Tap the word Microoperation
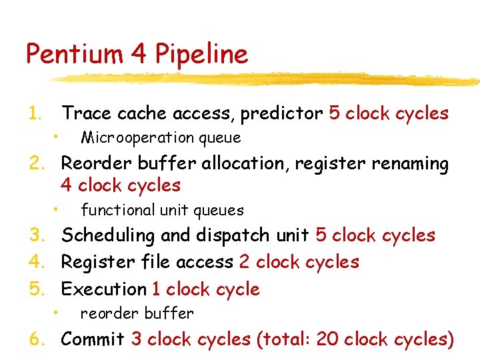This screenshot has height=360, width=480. (x=136, y=138)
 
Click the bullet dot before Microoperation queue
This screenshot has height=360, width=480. (x=58, y=137)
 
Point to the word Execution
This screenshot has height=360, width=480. (x=103, y=289)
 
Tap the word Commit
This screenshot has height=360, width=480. (x=92, y=339)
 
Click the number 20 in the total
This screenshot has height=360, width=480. (x=327, y=339)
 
